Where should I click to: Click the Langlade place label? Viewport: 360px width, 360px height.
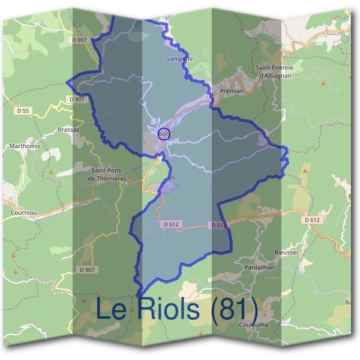(x=181, y=59)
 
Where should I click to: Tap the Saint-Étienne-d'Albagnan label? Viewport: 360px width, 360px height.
(x=280, y=72)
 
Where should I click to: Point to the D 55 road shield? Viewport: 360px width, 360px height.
(x=23, y=110)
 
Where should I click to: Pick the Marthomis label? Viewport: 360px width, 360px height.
(x=23, y=146)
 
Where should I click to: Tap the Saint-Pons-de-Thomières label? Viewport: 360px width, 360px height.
(x=107, y=174)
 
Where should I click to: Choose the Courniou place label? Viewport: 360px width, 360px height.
(x=24, y=212)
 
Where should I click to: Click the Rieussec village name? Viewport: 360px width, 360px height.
(x=286, y=252)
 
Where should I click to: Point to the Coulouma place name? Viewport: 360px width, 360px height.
(x=253, y=325)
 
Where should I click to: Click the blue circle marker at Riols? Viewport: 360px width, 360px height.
(x=163, y=134)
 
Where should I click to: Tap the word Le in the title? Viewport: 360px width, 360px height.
(x=112, y=309)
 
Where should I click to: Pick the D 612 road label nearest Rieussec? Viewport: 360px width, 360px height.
(x=313, y=220)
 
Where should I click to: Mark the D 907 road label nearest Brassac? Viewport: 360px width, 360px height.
(x=77, y=99)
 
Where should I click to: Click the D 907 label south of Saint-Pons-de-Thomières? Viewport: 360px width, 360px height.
(x=87, y=270)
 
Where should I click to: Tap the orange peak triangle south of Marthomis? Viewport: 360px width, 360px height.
(x=51, y=172)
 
